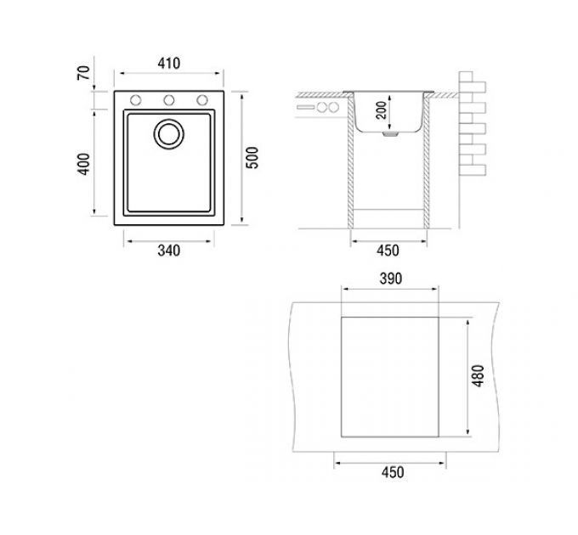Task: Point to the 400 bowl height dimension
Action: tap(83, 164)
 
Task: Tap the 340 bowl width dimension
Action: tap(168, 251)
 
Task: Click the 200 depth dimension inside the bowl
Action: tap(382, 110)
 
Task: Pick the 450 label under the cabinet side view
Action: tap(388, 251)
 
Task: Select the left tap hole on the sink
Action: tap(135, 100)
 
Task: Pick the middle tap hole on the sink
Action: tap(169, 100)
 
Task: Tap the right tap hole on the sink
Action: tap(202, 100)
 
